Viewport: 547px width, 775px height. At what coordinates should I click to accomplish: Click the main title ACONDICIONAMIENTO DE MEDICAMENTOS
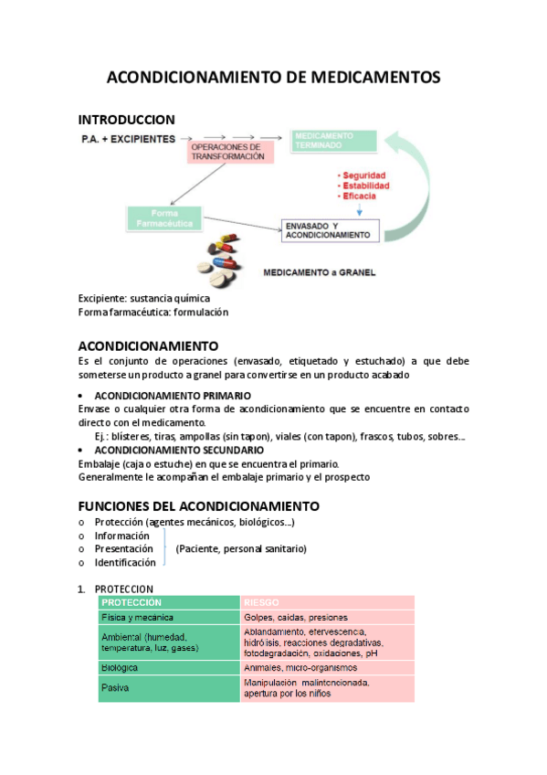273,78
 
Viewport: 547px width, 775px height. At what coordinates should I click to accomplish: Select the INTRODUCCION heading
126,120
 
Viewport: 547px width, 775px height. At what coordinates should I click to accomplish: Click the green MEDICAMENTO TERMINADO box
332,140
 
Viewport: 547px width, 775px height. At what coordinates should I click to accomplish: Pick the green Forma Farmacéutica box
165,218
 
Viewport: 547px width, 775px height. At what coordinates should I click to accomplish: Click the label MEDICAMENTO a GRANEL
319,272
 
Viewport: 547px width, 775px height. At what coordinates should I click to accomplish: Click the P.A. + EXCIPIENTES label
128,138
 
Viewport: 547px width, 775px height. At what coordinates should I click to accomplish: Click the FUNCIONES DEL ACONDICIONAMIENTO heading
198,505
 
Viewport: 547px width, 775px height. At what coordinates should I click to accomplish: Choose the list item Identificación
125,563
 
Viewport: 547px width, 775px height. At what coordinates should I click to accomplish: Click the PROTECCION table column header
132,603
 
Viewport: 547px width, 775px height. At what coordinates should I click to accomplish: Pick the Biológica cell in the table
121,668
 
